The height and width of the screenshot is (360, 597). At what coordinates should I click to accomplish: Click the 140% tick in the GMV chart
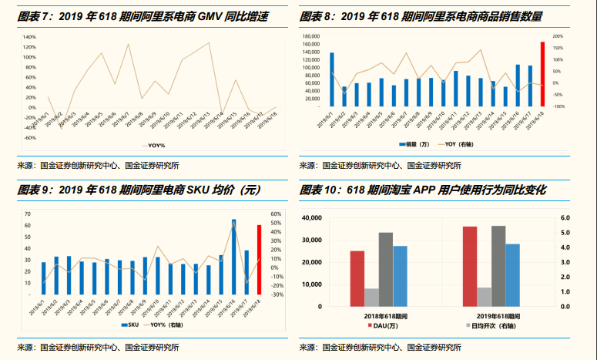[x=29, y=37]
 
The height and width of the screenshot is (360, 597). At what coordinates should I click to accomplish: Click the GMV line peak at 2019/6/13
[x=210, y=42]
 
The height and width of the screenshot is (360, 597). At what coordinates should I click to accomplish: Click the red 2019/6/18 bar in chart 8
[x=542, y=74]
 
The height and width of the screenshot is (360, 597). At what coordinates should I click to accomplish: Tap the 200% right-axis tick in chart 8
[x=558, y=36]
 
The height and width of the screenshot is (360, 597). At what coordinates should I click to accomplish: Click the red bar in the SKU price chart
[x=259, y=260]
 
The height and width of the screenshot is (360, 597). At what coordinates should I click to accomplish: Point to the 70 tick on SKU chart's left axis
[x=28, y=214]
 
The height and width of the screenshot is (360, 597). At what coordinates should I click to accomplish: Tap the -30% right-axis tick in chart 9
[x=277, y=294]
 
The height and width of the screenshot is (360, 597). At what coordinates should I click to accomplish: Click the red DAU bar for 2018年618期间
[x=357, y=278]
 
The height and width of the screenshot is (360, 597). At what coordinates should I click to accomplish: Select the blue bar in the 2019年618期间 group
[x=511, y=275]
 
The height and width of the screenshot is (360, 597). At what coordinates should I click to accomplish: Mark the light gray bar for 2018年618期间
[x=371, y=298]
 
